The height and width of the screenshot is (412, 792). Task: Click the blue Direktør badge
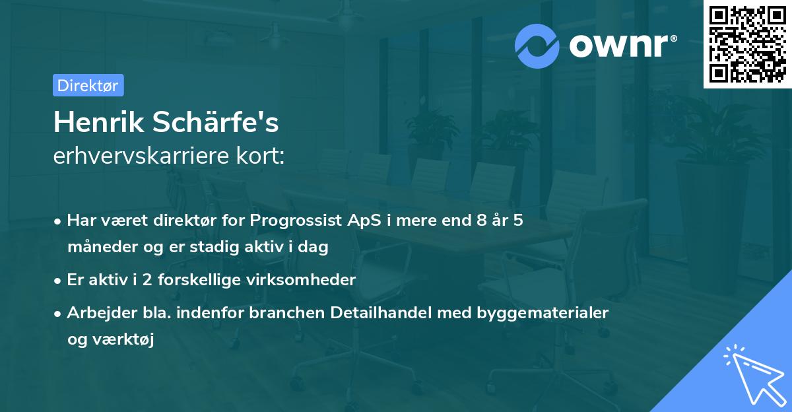(88, 85)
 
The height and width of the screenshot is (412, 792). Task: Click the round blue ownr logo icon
(537, 46)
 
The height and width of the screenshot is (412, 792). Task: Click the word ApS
(362, 221)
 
